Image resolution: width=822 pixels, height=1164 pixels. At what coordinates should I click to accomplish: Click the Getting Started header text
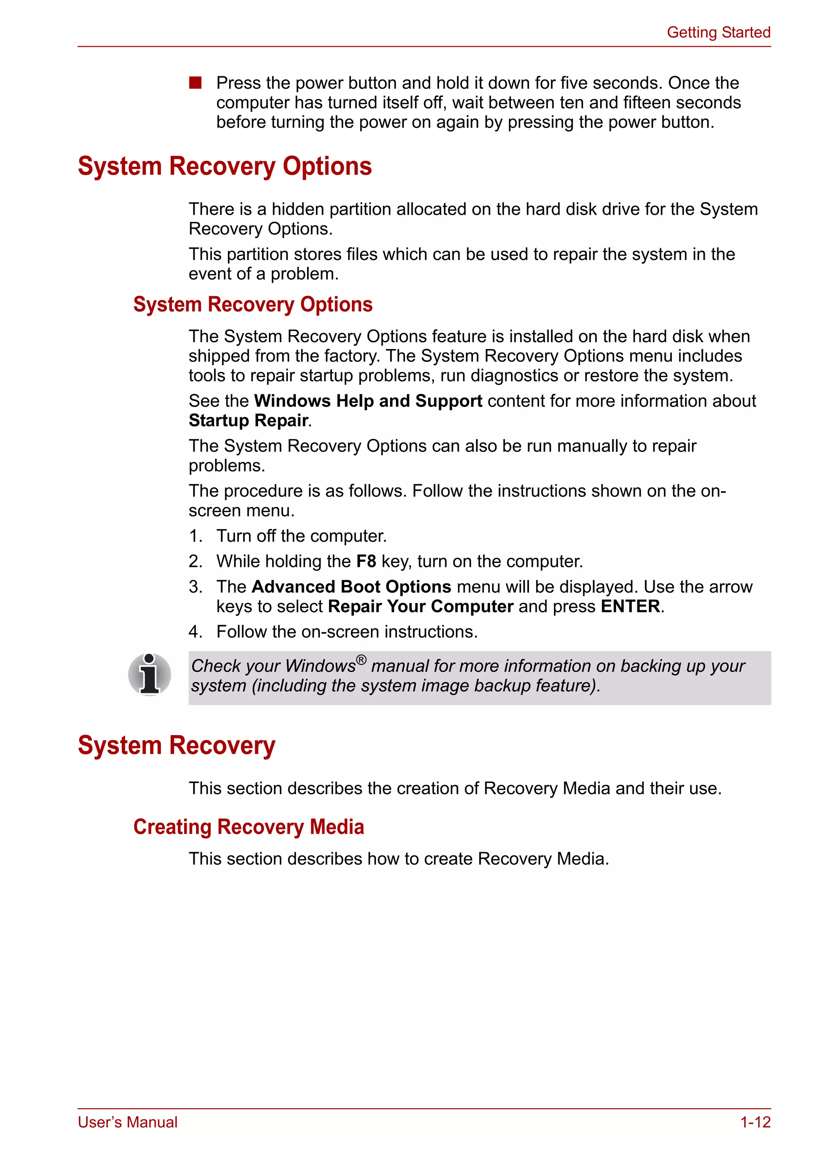[718, 32]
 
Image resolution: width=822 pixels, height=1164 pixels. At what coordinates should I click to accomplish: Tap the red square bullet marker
[195, 83]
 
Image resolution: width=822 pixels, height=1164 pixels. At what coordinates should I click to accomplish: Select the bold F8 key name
[366, 561]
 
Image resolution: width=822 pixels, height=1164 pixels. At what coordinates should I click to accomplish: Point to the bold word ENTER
[630, 606]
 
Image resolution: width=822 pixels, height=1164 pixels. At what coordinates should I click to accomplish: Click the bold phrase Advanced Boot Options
[351, 587]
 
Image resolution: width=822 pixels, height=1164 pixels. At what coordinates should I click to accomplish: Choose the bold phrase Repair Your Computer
[420, 606]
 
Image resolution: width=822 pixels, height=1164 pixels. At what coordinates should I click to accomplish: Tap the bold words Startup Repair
[248, 420]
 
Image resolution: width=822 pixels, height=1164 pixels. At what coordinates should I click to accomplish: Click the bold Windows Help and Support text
[368, 400]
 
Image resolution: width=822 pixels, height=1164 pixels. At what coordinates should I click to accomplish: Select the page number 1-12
[755, 1122]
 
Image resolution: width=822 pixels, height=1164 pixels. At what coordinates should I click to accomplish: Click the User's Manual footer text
[128, 1122]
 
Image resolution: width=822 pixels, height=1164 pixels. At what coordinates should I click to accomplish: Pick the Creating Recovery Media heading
[248, 827]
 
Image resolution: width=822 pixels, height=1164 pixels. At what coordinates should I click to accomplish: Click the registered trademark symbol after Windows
[360, 660]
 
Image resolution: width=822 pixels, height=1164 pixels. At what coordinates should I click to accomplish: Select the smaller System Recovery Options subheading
[252, 305]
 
